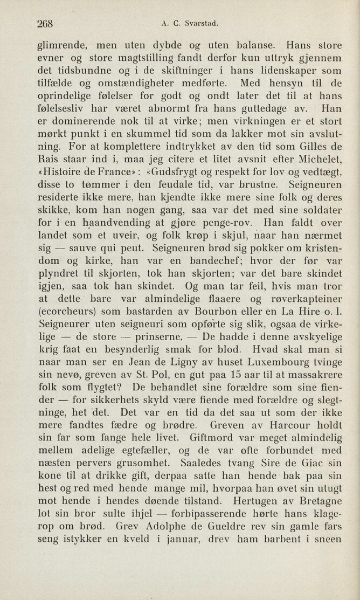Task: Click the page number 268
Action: (47, 24)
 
